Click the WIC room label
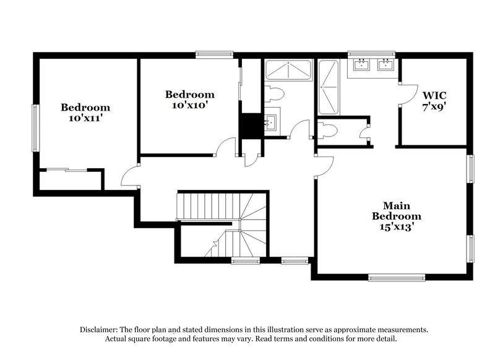(434, 96)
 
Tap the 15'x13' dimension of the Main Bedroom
(396, 227)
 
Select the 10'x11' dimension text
(85, 118)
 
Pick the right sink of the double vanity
(386, 64)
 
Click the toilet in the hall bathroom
(274, 94)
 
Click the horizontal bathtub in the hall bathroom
(288, 71)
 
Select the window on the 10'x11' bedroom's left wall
(36, 127)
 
